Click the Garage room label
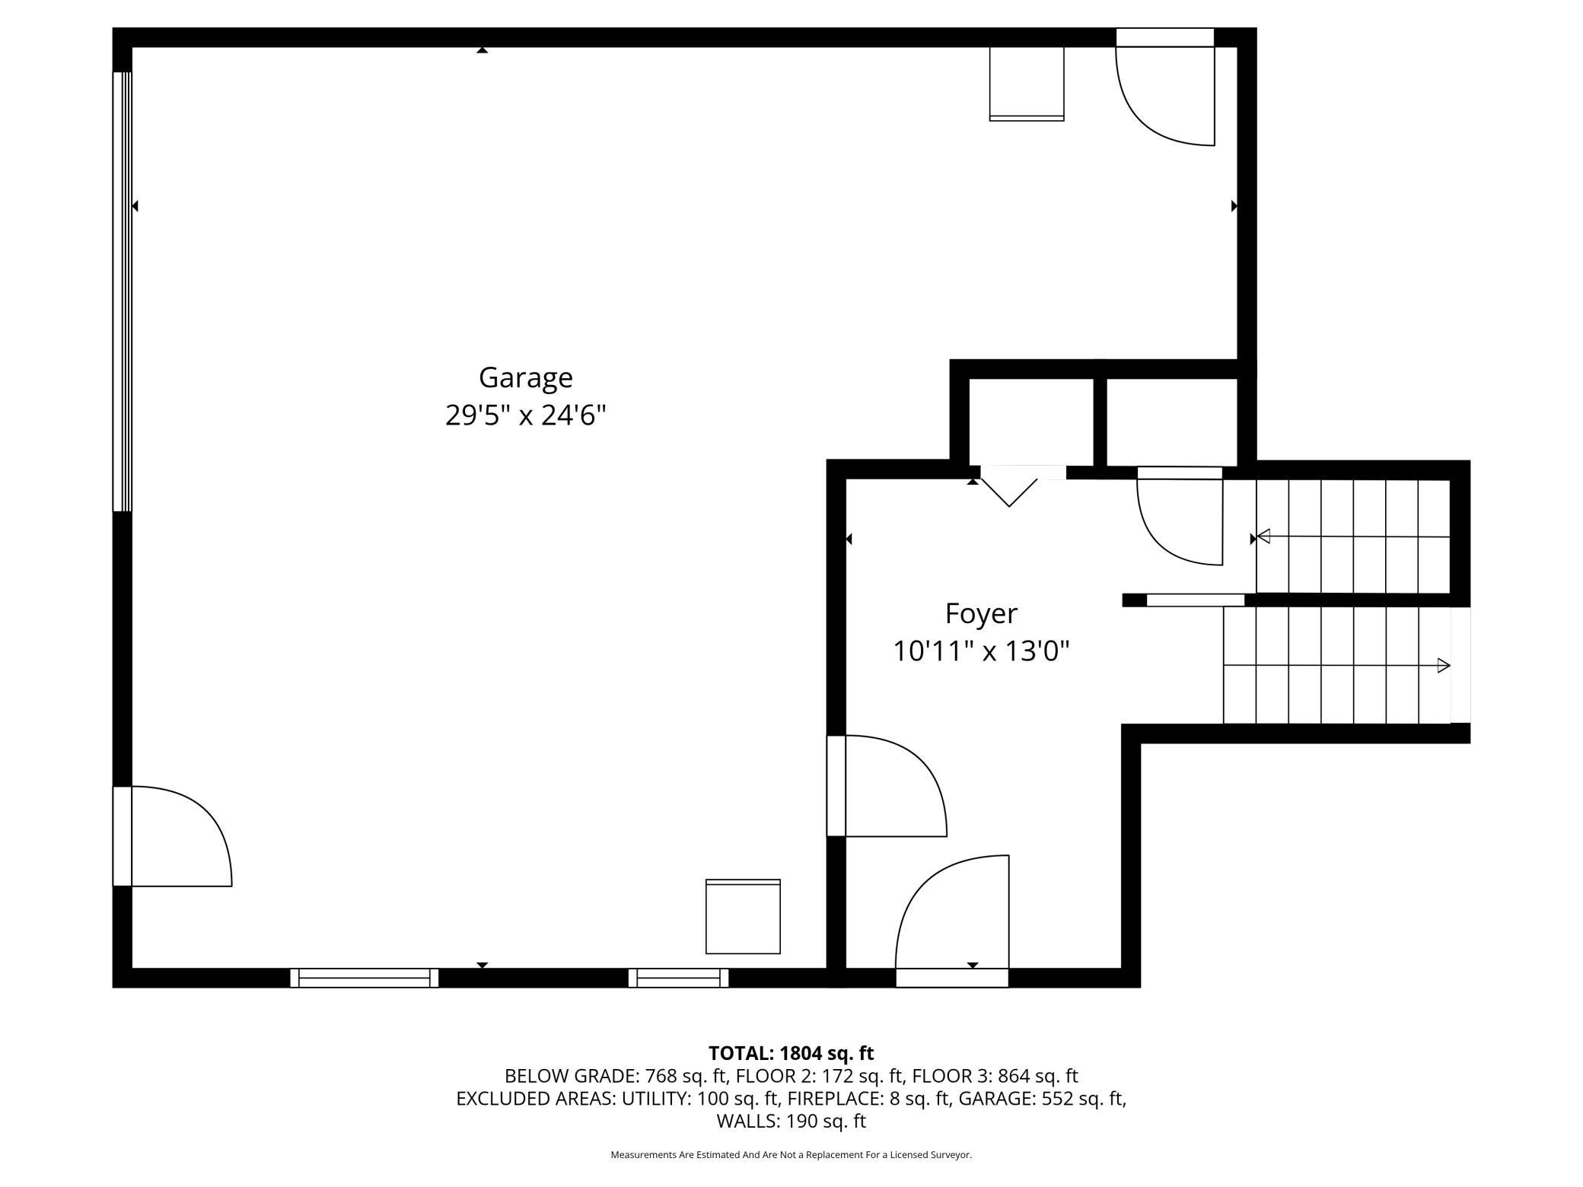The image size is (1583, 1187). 525,378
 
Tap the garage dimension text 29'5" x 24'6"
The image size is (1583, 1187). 525,415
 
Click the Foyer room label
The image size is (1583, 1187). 981,614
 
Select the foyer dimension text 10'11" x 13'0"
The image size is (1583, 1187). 981,651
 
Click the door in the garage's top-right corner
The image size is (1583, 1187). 1164,87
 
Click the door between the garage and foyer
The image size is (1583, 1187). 887,786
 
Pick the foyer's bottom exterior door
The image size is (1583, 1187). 952,921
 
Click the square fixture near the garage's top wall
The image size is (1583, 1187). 1027,84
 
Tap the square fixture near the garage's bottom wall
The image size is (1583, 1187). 743,916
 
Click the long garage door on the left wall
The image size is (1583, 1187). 123,291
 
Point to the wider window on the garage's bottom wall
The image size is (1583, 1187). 365,978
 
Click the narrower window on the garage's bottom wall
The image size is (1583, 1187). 678,978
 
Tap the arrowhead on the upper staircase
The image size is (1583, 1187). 1263,536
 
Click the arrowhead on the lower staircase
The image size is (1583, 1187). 1443,666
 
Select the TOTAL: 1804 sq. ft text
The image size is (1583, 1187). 791,1053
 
